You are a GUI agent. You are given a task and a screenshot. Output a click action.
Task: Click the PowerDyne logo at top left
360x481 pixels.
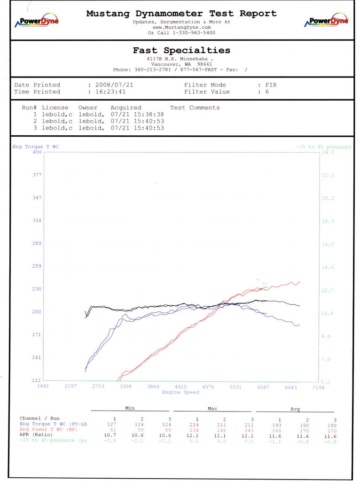tap(37, 21)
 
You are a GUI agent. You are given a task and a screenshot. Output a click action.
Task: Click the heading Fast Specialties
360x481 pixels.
tap(181, 50)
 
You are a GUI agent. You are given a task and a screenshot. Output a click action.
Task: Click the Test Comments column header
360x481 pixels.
tap(195, 108)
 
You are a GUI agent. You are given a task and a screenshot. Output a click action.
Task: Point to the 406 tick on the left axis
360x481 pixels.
tap(37, 152)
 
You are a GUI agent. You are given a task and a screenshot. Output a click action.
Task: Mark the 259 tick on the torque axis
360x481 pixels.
tap(37, 266)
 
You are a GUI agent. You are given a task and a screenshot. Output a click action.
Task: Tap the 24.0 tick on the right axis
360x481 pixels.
tap(328, 152)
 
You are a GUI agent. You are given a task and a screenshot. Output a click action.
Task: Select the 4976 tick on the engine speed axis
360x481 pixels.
tap(208, 387)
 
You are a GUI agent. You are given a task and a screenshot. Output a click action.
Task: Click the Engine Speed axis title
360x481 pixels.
tap(180, 392)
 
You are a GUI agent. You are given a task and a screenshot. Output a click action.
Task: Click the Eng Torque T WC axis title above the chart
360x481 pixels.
tap(36, 147)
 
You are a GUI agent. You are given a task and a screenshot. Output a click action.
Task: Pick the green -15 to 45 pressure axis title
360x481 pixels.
tap(323, 147)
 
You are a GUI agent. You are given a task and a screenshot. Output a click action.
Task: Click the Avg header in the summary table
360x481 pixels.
tap(295, 409)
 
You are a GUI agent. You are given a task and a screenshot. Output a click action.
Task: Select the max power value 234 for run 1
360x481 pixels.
tap(197, 429)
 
